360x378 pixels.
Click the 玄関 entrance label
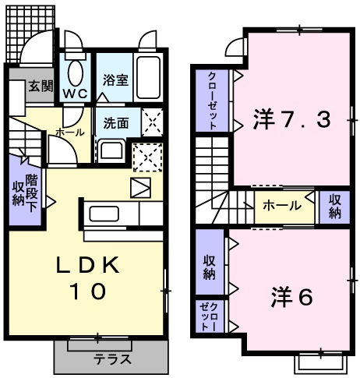pyautogui.click(x=40, y=87)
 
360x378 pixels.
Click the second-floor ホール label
pyautogui.click(x=279, y=206)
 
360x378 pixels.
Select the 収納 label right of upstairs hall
pyautogui.click(x=334, y=207)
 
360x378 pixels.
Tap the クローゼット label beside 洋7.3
pyautogui.click(x=212, y=101)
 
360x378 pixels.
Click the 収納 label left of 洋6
pyautogui.click(x=210, y=266)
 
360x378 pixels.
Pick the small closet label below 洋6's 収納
pyautogui.click(x=209, y=317)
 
